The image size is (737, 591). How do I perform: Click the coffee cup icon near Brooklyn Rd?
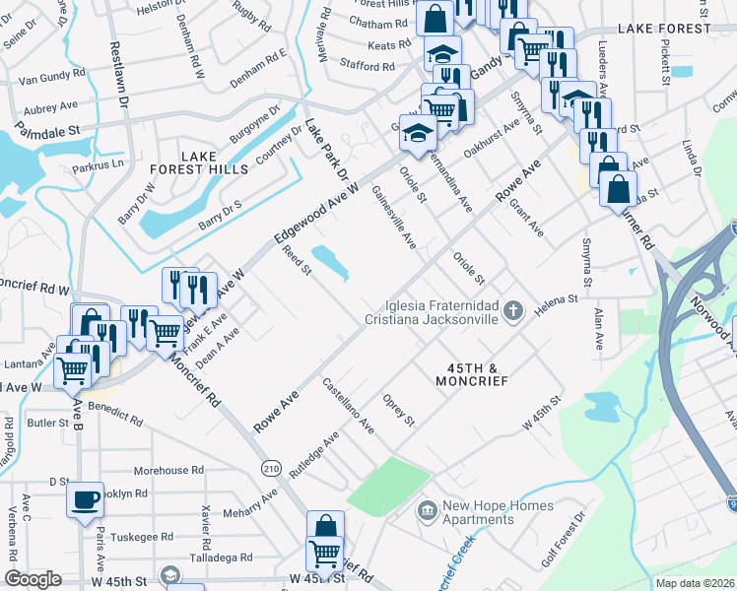[x=86, y=498]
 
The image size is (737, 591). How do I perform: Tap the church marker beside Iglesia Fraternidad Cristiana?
[x=511, y=312]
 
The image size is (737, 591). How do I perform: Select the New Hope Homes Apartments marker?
[x=428, y=509]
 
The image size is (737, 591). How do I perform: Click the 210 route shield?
[x=272, y=469]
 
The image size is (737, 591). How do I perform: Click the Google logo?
[x=33, y=579]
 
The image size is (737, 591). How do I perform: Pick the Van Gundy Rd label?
[x=54, y=76]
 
